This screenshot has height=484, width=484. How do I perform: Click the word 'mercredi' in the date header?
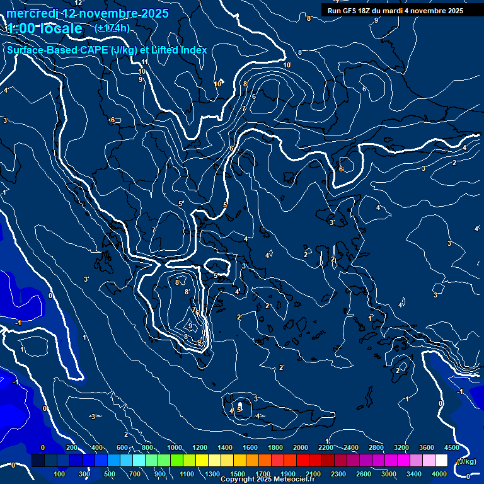pos(32,13)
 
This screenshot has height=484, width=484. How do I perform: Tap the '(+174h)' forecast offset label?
pos(112,28)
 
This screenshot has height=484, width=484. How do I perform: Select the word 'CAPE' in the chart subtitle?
pos(94,50)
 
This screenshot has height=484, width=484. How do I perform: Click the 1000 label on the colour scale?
pos(174,447)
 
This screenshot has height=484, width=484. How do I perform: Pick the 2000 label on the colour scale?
pos(301,447)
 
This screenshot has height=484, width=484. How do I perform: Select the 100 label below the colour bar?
pos(60,474)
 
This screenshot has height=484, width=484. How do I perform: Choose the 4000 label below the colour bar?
pos(439,474)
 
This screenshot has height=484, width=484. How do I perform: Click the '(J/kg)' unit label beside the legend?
pos(466,461)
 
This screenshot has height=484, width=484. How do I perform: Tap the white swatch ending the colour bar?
pos(441,461)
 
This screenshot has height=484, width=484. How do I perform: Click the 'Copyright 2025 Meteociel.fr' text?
pos(267,480)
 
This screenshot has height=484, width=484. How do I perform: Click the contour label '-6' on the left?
pos(112,120)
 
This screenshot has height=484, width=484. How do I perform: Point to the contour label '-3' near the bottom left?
pos(92,417)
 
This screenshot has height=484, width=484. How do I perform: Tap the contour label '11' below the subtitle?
pos(144,62)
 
